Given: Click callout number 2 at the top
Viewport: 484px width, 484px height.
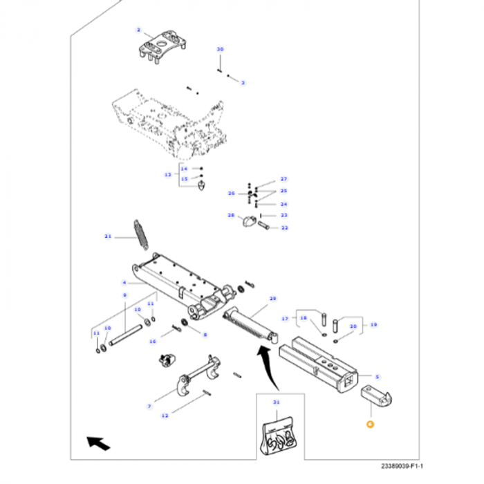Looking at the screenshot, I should pyautogui.click(x=138, y=30).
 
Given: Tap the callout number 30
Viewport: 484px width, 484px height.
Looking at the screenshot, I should pyautogui.click(x=221, y=50).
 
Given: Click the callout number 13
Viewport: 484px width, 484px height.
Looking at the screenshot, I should pyautogui.click(x=167, y=175).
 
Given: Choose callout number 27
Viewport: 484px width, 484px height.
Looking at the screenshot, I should pyautogui.click(x=283, y=179).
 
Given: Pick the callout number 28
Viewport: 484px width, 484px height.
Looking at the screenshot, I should pyautogui.click(x=231, y=216).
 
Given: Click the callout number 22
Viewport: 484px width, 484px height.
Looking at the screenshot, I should pyautogui.click(x=283, y=227).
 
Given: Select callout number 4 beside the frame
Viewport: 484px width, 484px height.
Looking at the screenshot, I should pyautogui.click(x=124, y=283).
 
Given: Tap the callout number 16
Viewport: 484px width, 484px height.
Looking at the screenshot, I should pyautogui.click(x=153, y=341).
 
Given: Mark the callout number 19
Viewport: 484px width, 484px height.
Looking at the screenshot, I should pyautogui.click(x=374, y=324).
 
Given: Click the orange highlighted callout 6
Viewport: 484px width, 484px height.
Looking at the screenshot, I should pyautogui.click(x=370, y=425).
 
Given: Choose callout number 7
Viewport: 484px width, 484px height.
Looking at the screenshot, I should pyautogui.click(x=149, y=406).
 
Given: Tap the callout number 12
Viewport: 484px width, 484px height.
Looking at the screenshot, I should pyautogui.click(x=164, y=416).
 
